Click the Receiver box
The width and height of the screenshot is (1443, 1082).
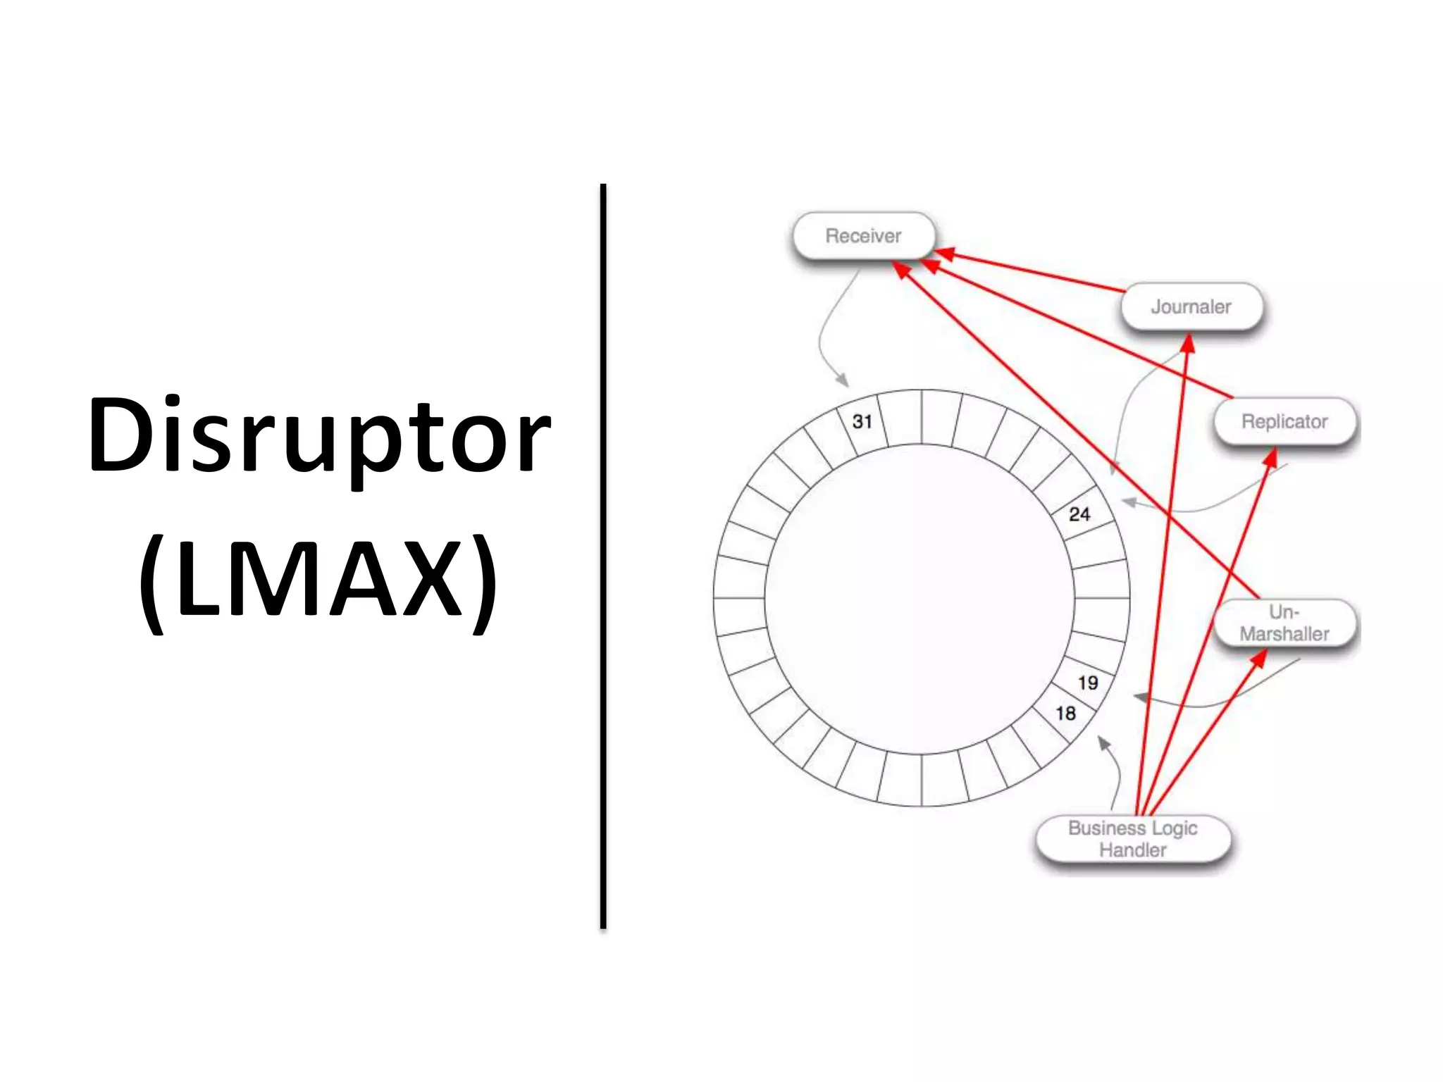864,236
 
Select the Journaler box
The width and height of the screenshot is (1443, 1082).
1191,307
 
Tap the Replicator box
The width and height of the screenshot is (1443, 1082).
1284,421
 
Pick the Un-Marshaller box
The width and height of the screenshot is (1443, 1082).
1284,623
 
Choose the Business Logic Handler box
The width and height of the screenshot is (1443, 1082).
1133,839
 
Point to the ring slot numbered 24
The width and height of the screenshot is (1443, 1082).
1079,515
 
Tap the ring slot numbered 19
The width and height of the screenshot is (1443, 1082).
1087,683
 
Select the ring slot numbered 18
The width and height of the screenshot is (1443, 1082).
1065,714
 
